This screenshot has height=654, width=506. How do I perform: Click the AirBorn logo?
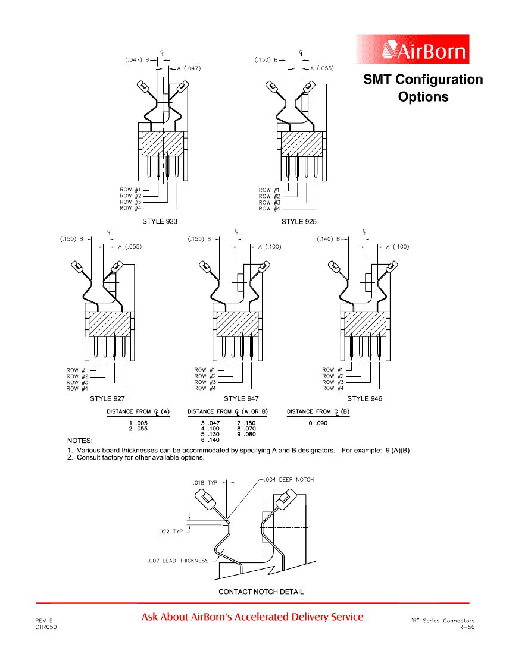(x=413, y=50)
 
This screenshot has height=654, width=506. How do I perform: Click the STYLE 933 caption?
(x=160, y=221)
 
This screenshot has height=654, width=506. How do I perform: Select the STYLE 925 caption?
(x=299, y=222)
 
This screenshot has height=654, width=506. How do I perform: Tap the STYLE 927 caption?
(x=107, y=398)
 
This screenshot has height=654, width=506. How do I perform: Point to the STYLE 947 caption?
(x=241, y=398)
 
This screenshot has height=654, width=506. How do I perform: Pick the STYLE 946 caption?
(x=365, y=398)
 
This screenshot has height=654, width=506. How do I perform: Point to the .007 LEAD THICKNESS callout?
(x=178, y=561)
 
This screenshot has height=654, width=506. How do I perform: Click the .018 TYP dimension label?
(x=205, y=483)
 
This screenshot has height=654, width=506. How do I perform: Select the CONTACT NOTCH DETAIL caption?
(x=261, y=592)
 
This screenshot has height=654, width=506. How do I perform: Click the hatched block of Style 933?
(x=162, y=143)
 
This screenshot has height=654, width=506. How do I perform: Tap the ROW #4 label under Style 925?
(x=265, y=209)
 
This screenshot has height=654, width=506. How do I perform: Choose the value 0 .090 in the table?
(x=317, y=423)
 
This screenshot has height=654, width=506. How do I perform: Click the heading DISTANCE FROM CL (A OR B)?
(x=227, y=411)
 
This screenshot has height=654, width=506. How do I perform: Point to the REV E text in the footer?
(x=43, y=620)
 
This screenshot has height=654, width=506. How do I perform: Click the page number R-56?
(x=467, y=627)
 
